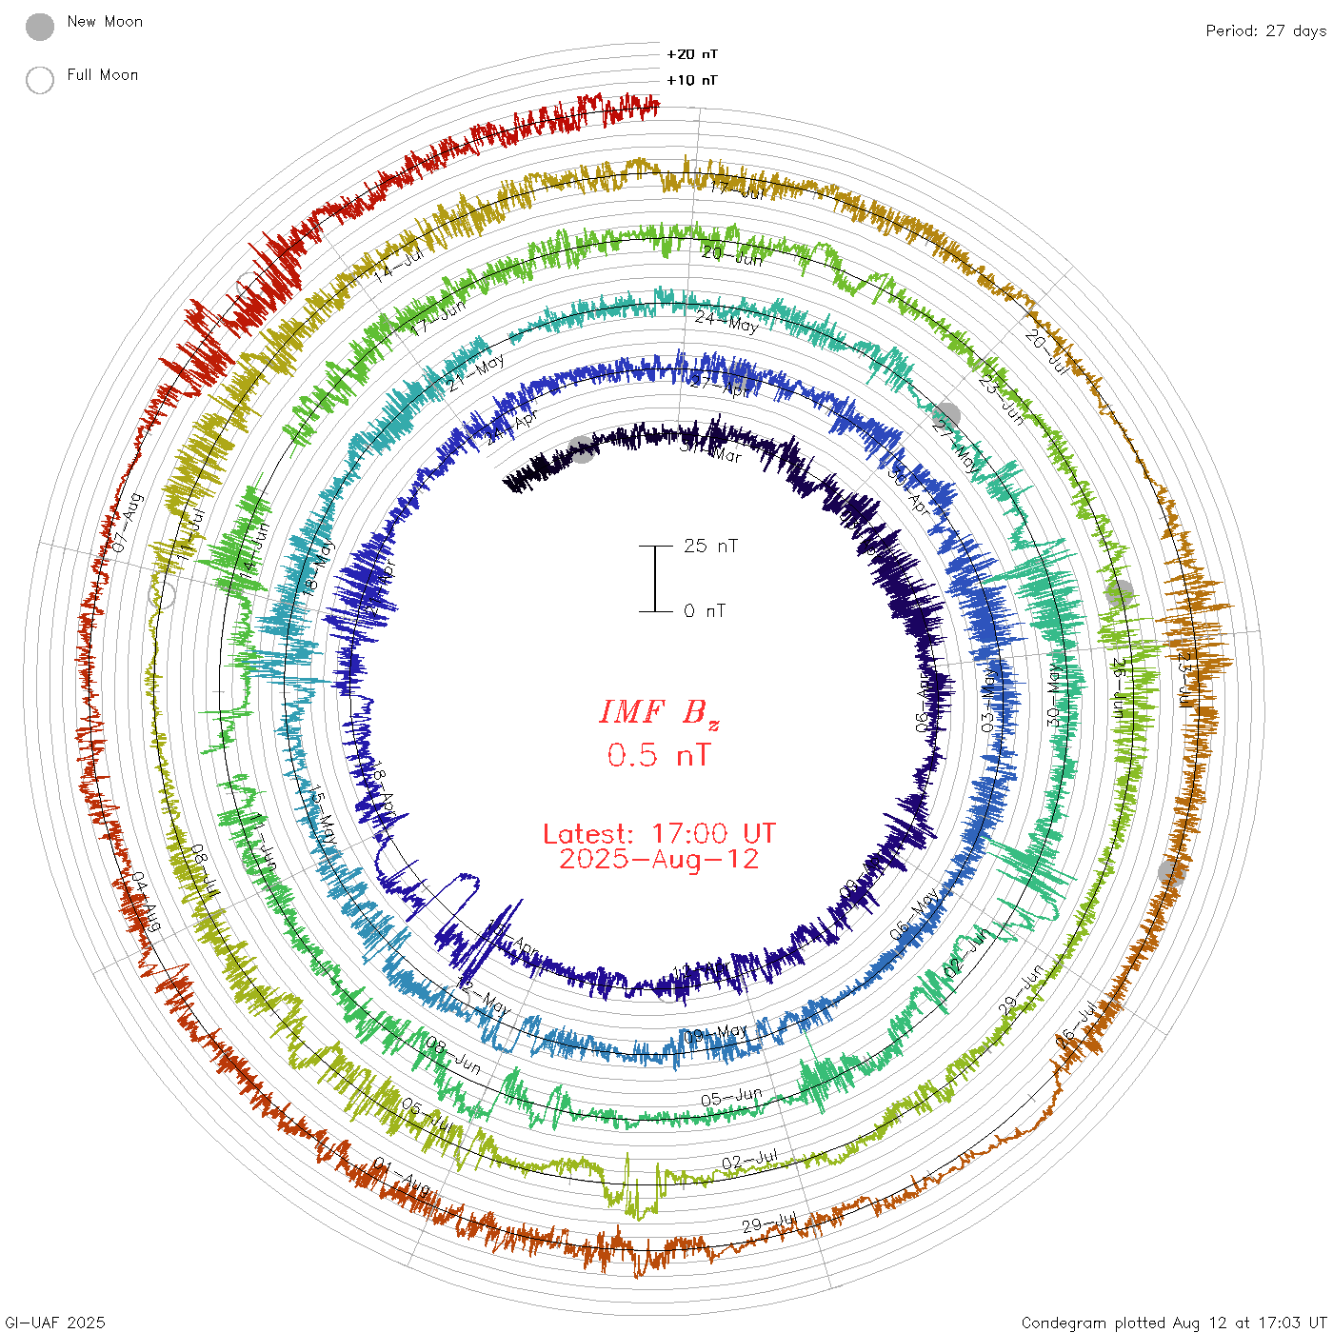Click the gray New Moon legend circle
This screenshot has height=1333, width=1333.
pyautogui.click(x=40, y=28)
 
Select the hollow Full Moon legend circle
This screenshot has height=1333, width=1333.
pyautogui.click(x=40, y=81)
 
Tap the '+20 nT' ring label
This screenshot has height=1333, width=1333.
pyautogui.click(x=692, y=55)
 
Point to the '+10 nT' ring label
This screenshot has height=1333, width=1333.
pyautogui.click(x=692, y=81)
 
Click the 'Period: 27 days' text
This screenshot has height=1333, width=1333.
pyautogui.click(x=1265, y=31)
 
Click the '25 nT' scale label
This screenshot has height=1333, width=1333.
pyautogui.click(x=710, y=547)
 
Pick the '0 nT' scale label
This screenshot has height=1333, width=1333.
pyautogui.click(x=704, y=611)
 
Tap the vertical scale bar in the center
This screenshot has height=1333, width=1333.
pyautogui.click(x=655, y=579)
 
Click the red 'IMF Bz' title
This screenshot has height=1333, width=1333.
pyautogui.click(x=659, y=713)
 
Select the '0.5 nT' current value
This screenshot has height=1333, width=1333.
pyautogui.click(x=659, y=756)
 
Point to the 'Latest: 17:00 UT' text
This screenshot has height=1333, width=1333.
pyautogui.click(x=659, y=834)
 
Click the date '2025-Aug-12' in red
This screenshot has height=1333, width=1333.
pyautogui.click(x=659, y=860)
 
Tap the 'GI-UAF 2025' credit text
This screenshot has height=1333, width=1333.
pyautogui.click(x=54, y=1323)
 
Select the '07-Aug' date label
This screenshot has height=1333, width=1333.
pyautogui.click(x=127, y=522)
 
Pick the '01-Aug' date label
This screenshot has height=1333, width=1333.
pyautogui.click(x=401, y=1175)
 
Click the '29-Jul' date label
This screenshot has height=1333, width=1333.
pyautogui.click(x=768, y=1223)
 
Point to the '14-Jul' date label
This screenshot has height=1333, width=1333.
pyautogui.click(x=398, y=264)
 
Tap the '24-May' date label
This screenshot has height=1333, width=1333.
pyautogui.click(x=726, y=321)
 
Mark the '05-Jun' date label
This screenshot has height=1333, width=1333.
pyautogui.click(x=731, y=1098)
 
